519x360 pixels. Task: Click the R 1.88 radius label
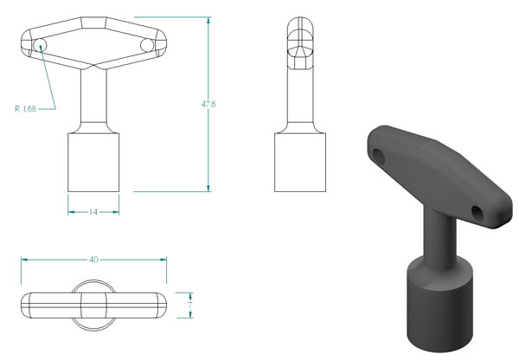tap(25, 109)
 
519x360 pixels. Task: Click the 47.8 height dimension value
tap(208, 104)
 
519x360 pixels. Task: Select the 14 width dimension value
tap(93, 212)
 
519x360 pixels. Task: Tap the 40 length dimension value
tap(93, 260)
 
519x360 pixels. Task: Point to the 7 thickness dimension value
tap(189, 305)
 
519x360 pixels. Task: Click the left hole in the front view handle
tap(40, 45)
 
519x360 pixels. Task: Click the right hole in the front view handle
tap(147, 45)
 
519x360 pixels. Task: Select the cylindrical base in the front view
tap(93, 163)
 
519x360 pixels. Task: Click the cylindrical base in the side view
tap(300, 163)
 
